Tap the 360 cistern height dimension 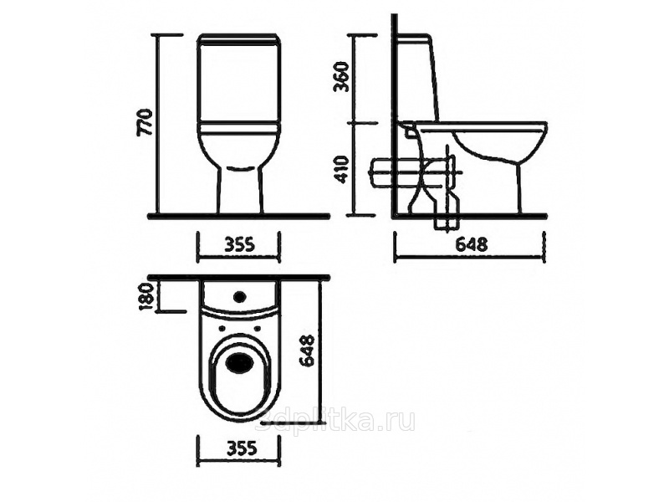pos(341,77)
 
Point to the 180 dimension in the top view pos(147,297)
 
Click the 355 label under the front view pos(240,244)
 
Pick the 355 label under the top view pos(240,448)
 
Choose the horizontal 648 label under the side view pos(472,244)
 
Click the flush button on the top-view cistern pos(240,295)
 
